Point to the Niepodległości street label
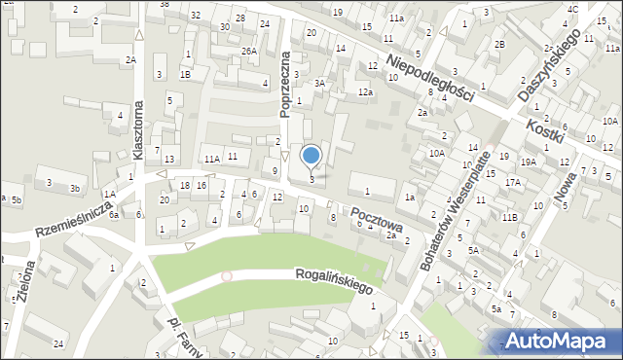[x=429, y=77]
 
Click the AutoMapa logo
[x=558, y=340]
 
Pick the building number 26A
[x=249, y=51]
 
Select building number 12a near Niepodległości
[x=365, y=91]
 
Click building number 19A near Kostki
[x=529, y=162]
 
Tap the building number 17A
[x=512, y=182]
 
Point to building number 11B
[x=509, y=217]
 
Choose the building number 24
[x=58, y=344]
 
